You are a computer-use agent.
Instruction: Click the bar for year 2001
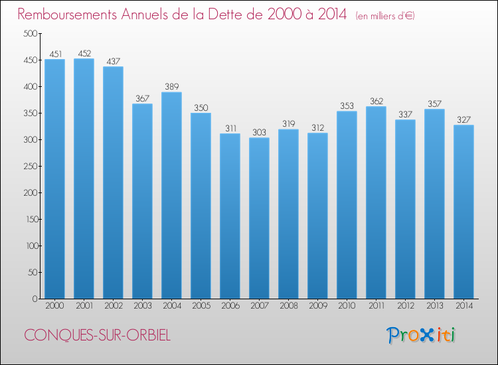tap(84, 179)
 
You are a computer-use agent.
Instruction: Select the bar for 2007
tap(259, 218)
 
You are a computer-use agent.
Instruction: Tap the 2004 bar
tap(171, 195)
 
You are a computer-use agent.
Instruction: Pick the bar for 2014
tap(463, 212)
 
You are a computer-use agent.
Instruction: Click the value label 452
tap(84, 53)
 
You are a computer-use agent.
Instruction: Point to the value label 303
tap(259, 132)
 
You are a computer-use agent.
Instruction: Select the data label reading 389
tap(172, 86)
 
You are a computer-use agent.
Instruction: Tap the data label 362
tap(376, 101)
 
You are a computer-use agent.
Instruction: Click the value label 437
tap(114, 61)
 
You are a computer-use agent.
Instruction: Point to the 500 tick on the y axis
tap(31, 33)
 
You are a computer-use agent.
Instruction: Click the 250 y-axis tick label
tap(31, 166)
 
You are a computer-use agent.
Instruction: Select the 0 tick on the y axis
tap(35, 299)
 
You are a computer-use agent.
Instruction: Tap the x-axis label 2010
tap(347, 305)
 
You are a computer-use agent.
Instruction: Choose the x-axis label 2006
tap(230, 305)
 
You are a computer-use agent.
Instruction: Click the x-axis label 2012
tap(406, 305)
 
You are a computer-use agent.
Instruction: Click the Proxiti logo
tap(421, 335)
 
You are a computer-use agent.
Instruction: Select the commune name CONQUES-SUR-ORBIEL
tap(97, 335)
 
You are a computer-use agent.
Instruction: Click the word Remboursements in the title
tap(67, 14)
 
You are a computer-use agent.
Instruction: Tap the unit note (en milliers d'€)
tap(385, 15)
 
